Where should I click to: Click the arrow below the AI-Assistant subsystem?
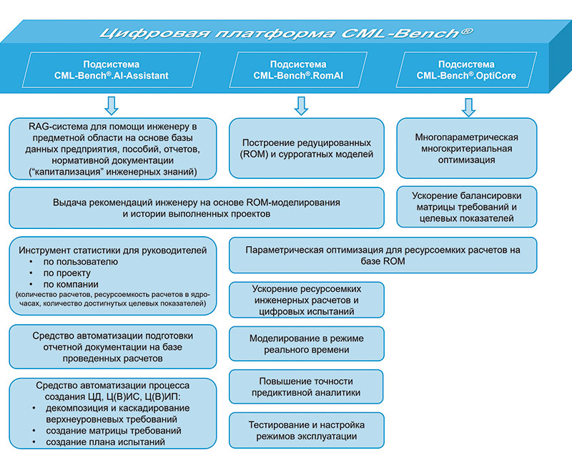tap(112, 106)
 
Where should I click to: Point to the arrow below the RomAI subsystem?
tap(301, 106)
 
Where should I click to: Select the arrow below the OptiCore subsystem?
tap(469, 106)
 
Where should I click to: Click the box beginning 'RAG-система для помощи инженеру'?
tap(113, 150)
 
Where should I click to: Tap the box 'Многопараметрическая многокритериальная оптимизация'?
tap(466, 148)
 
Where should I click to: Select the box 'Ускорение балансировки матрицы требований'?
tap(466, 208)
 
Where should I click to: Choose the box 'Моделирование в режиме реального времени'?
tap(306, 344)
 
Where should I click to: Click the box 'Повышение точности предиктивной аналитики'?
tap(306, 387)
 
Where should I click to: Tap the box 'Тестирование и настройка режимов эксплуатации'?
tap(306, 431)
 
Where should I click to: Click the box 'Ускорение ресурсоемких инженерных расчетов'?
tap(306, 301)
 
